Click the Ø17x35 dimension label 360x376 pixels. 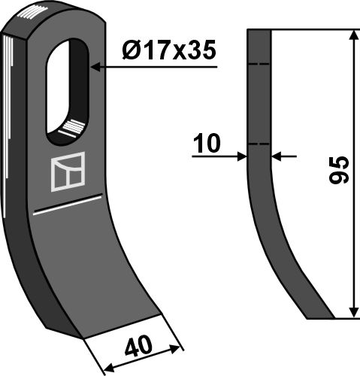pyautogui.click(x=169, y=50)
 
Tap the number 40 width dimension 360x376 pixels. pyautogui.click(x=138, y=347)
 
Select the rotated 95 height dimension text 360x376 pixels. pyautogui.click(x=339, y=170)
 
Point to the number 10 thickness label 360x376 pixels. pyautogui.click(x=207, y=143)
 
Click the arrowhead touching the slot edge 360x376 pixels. pyautogui.click(x=95, y=67)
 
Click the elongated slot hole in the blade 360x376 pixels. pyautogui.click(x=67, y=92)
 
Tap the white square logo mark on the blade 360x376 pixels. pyautogui.click(x=68, y=171)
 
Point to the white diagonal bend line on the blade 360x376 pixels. pyautogui.click(x=68, y=205)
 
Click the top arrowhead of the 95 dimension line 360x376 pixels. pyautogui.click(x=353, y=35)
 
